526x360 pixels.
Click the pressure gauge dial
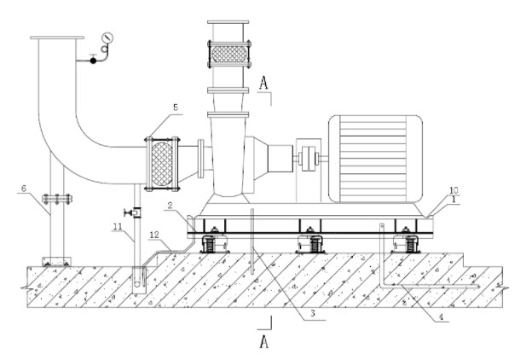pyautogui.click(x=107, y=38)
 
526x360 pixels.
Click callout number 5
pyautogui.click(x=176, y=108)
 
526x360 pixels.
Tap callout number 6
pyautogui.click(x=25, y=189)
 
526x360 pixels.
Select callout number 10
pyautogui.click(x=454, y=190)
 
